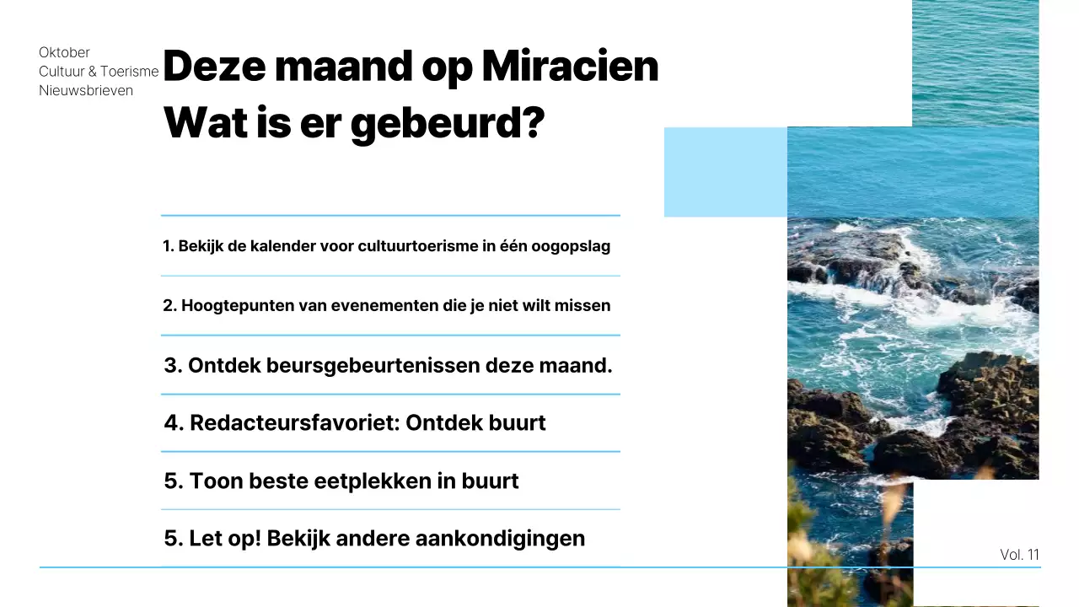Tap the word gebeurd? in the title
coord(447,123)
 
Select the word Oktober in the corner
coord(64,52)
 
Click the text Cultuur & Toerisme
coord(99,72)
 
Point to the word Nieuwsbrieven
coord(86,90)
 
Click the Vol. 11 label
coord(1019,555)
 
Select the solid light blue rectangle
coord(725,172)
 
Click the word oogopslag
coord(571,246)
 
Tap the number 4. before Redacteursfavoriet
coord(174,422)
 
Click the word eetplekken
coord(375,481)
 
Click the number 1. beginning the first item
coord(168,246)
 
